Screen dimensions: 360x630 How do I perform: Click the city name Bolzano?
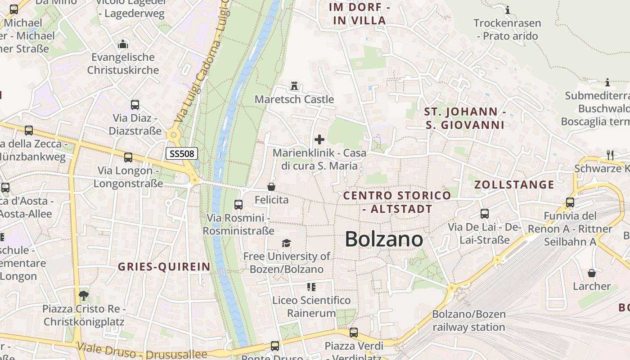[x=384, y=239]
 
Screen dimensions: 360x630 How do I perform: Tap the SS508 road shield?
[x=182, y=153]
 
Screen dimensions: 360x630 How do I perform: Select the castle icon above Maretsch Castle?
[x=295, y=85]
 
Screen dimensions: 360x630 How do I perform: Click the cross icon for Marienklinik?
[x=319, y=139]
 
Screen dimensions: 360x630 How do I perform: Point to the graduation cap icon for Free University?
[x=286, y=243]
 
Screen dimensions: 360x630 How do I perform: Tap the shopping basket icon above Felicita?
[x=271, y=186]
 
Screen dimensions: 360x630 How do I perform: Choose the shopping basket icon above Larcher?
[x=592, y=273]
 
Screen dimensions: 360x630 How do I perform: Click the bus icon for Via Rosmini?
[x=238, y=205]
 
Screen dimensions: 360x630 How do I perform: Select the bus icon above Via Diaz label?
[x=135, y=105]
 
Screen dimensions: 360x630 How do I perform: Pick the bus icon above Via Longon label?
[x=128, y=157]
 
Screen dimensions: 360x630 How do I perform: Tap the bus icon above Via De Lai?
[x=485, y=214]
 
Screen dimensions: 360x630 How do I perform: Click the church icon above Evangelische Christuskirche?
[x=123, y=44]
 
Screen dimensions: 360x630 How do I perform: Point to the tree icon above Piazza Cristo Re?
[x=83, y=296]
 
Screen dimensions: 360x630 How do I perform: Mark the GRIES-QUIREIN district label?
[x=164, y=266]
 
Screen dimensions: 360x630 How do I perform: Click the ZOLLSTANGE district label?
[x=514, y=184]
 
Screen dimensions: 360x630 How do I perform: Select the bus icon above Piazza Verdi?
[x=354, y=333]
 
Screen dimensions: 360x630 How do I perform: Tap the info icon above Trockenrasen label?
[x=508, y=10]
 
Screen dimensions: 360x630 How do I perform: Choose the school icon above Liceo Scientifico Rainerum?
[x=311, y=287]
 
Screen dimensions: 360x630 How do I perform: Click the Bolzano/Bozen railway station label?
[x=469, y=320]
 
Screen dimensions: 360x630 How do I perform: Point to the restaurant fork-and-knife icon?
[x=610, y=155]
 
